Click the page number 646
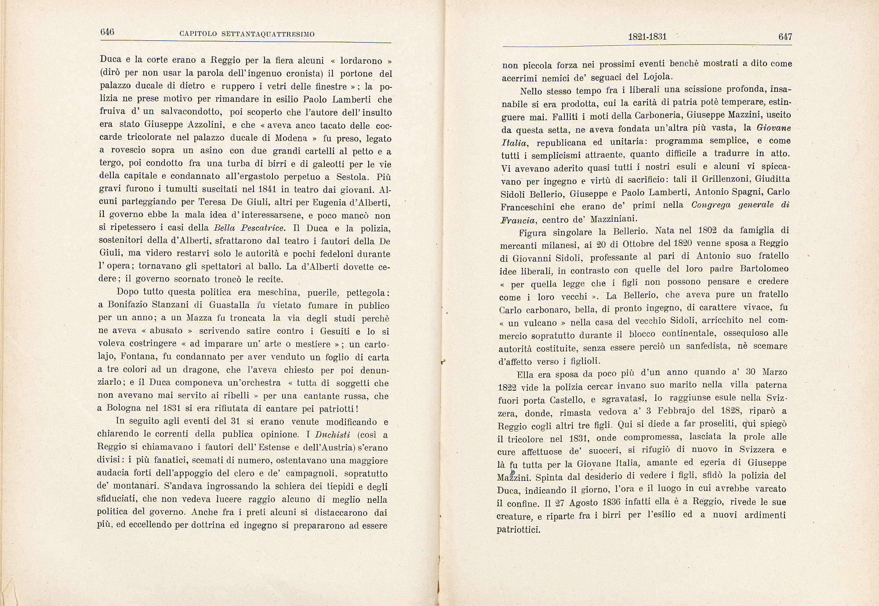coord(107,32)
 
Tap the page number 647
coord(785,37)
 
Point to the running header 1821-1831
coord(647,37)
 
